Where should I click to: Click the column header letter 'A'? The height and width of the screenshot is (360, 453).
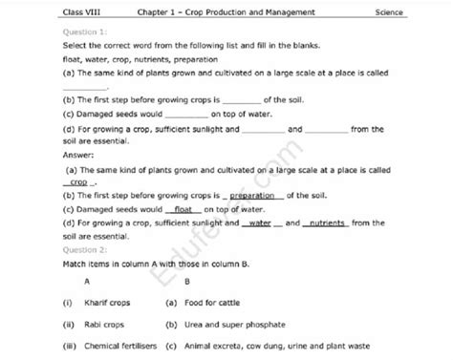88,282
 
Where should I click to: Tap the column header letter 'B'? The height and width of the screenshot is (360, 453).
185,282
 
